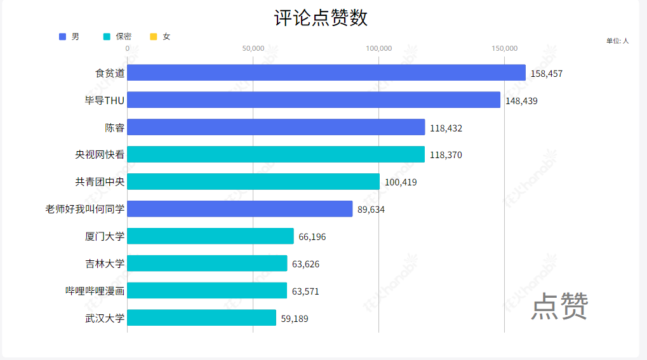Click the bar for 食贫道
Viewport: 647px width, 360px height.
point(326,73)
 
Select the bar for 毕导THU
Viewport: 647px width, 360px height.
point(314,100)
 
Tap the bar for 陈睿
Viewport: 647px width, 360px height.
point(276,128)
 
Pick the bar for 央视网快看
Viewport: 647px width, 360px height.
point(276,154)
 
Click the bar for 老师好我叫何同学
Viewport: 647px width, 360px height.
point(240,209)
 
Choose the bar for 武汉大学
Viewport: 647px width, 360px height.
point(202,318)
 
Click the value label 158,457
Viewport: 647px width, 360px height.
point(547,74)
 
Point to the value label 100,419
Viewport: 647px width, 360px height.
point(401,182)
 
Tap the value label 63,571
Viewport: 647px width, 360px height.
point(305,291)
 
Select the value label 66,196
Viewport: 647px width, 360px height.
point(312,237)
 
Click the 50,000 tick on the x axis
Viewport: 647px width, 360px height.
point(253,48)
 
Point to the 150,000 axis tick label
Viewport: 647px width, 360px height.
point(505,48)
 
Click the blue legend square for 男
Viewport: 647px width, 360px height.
point(62,37)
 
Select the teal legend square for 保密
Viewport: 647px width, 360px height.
point(107,37)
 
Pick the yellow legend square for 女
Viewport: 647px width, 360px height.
point(153,37)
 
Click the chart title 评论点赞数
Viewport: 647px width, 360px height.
point(321,18)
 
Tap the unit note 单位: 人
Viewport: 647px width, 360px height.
point(617,41)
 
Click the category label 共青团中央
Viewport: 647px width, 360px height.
point(100,182)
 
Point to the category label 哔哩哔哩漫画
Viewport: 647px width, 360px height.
point(95,291)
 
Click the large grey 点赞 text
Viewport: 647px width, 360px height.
point(559,307)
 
